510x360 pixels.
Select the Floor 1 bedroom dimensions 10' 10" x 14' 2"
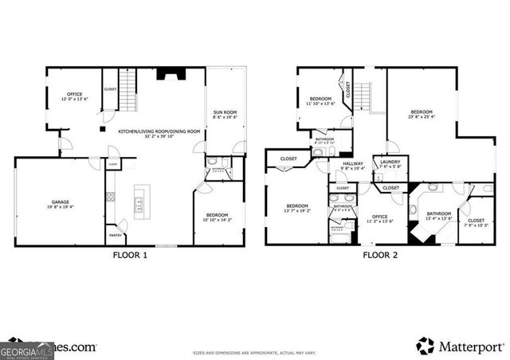[x=217, y=218]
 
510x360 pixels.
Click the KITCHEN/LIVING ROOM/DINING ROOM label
[x=159, y=131]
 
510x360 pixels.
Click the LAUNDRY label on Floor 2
[x=390, y=162]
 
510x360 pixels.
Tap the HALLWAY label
[x=352, y=165]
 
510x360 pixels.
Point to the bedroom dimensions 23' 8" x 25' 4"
[x=422, y=116]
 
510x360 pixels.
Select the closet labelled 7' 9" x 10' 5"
[x=477, y=224]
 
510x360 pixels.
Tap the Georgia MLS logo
[x=27, y=350]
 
